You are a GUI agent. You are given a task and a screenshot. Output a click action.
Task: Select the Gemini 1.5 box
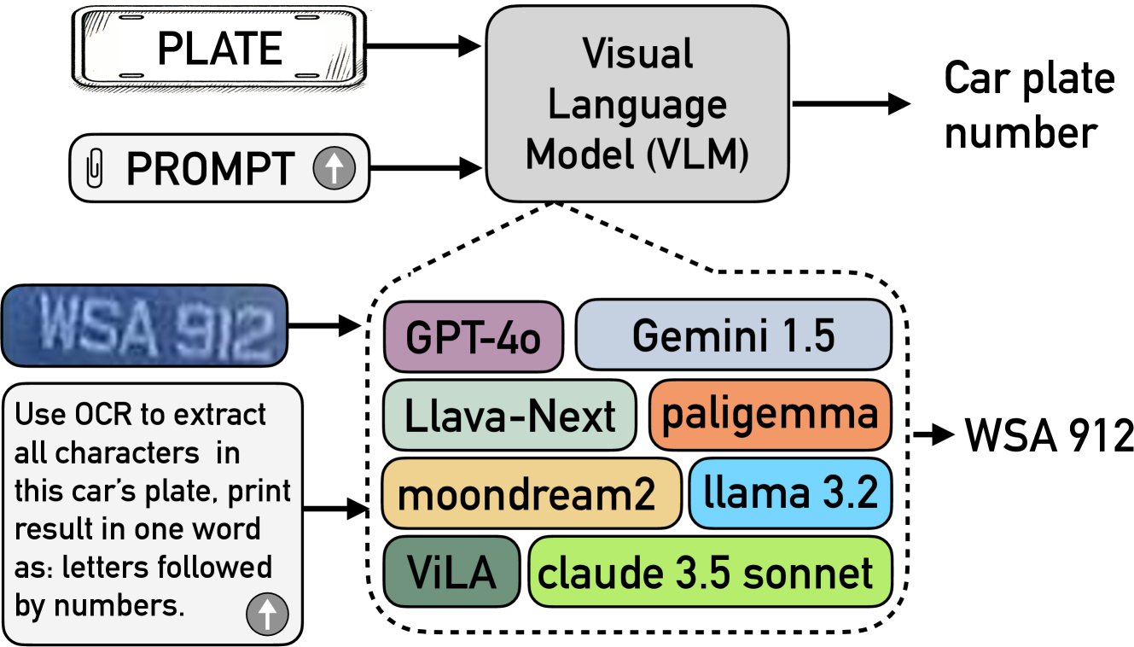733,334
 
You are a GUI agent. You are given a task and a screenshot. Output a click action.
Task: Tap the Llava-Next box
510,416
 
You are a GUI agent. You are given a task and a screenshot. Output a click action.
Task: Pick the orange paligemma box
770,414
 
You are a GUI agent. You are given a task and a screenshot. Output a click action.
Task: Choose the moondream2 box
531,494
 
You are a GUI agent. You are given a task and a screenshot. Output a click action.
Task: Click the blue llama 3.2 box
789,493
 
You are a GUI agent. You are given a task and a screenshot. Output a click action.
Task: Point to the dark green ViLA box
451,570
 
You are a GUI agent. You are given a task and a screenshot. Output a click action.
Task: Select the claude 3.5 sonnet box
710,570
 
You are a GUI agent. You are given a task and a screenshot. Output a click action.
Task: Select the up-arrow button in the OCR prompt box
267,612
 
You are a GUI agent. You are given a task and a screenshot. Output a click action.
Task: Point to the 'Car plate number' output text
1029,106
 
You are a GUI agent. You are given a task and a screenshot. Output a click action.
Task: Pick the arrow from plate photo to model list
325,324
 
